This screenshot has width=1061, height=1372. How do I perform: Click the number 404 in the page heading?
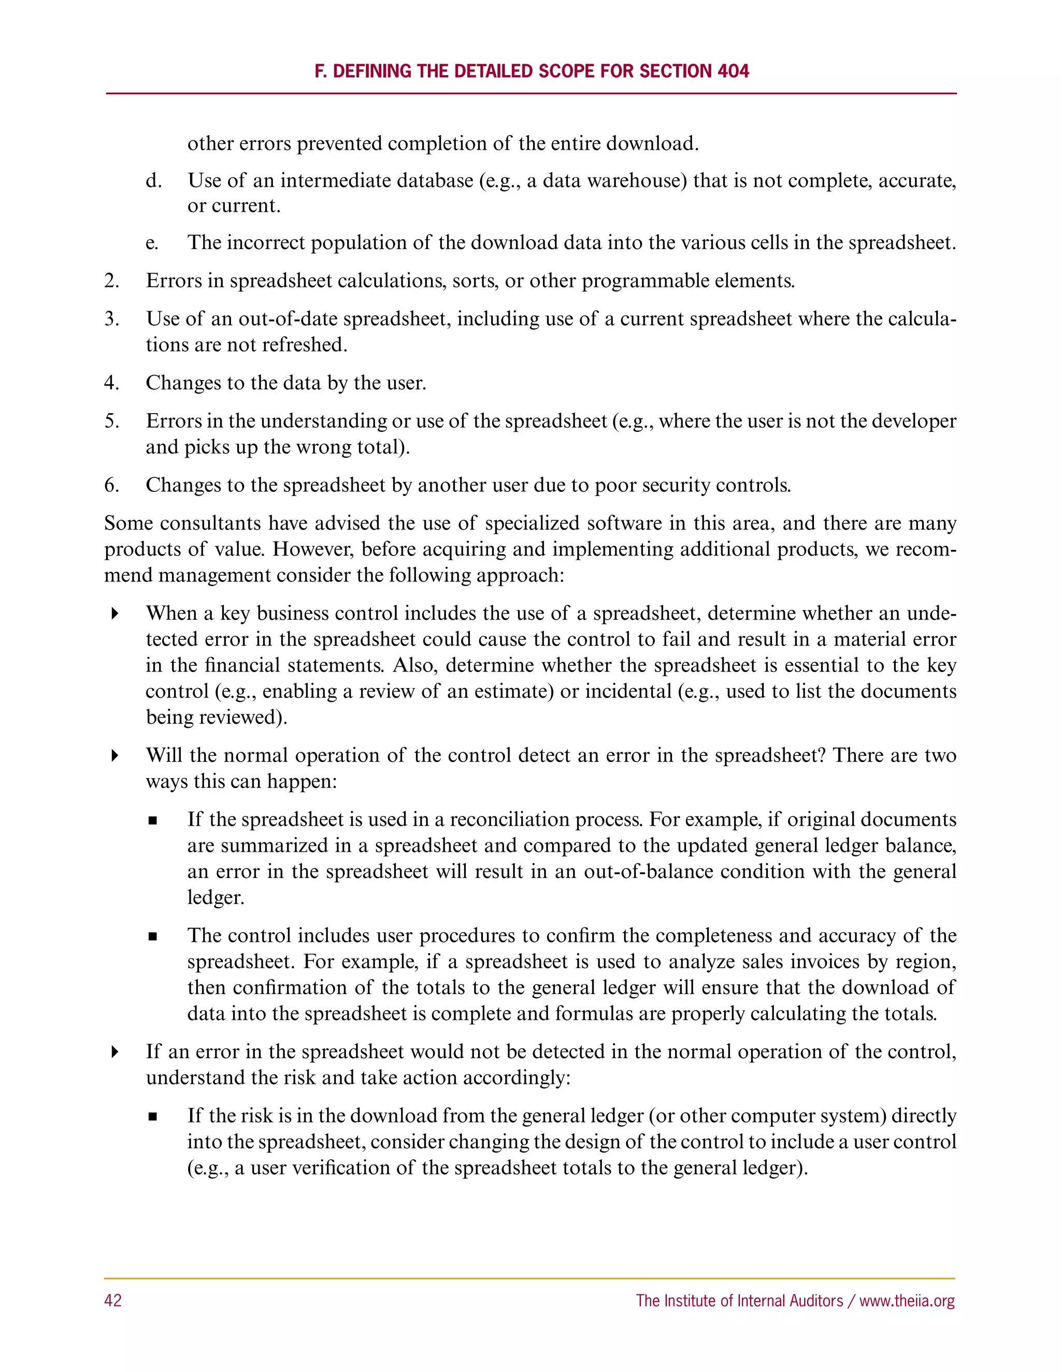pyautogui.click(x=732, y=71)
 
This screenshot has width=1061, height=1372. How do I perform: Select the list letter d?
pyautogui.click(x=153, y=181)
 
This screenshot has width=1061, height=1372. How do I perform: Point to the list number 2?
pyautogui.click(x=112, y=281)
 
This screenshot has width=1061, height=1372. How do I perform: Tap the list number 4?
pyautogui.click(x=112, y=383)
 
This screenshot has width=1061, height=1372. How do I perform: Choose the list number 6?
pyautogui.click(x=112, y=485)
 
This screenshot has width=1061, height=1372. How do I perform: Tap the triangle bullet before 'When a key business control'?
pyautogui.click(x=114, y=614)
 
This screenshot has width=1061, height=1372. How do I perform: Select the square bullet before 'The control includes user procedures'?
pyautogui.click(x=153, y=937)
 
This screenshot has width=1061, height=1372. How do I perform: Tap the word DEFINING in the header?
pyautogui.click(x=372, y=71)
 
